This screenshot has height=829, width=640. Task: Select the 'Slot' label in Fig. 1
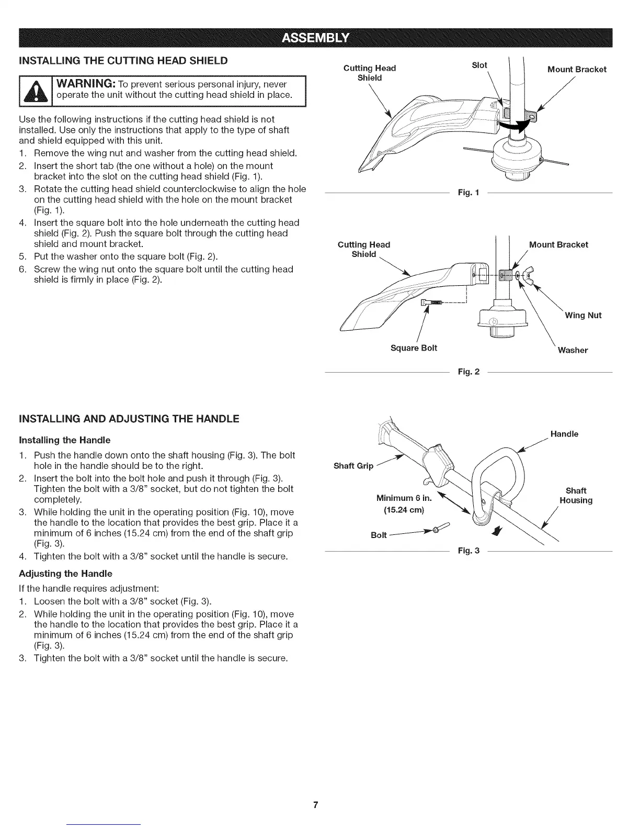tap(479, 65)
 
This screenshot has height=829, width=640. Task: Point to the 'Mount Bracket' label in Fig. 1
tap(577, 70)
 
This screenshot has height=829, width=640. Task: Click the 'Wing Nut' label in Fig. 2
tap(583, 315)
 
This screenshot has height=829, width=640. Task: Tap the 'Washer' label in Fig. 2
tap(573, 350)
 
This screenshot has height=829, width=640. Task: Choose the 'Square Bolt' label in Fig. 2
tap(414, 348)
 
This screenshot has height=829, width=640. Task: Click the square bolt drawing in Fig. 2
tap(432, 303)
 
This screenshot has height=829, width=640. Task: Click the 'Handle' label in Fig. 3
tap(564, 434)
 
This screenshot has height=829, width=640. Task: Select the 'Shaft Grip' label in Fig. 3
tap(353, 466)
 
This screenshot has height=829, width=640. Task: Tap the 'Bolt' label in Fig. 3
tap(379, 535)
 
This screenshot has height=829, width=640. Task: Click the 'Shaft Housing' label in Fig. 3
tap(576, 496)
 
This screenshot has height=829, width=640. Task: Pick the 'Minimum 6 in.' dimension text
tap(404, 497)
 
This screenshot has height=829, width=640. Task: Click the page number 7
tap(316, 804)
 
